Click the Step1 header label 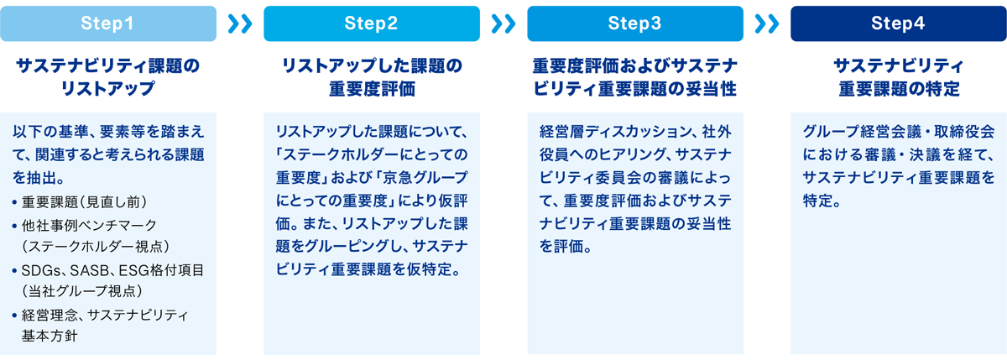[107, 23]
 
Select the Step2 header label [371, 23]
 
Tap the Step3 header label [634, 23]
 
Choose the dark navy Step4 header [899, 23]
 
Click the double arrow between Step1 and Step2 [240, 23]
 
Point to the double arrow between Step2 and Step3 [503, 23]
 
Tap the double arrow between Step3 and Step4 [767, 23]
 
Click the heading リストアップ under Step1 [108, 89]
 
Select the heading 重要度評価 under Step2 [372, 89]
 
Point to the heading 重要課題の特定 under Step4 [899, 89]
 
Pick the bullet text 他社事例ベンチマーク [89, 225]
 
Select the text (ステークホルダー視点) [96, 246]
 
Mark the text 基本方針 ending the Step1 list [50, 336]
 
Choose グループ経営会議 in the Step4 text [862, 132]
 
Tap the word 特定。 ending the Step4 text [822, 201]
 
